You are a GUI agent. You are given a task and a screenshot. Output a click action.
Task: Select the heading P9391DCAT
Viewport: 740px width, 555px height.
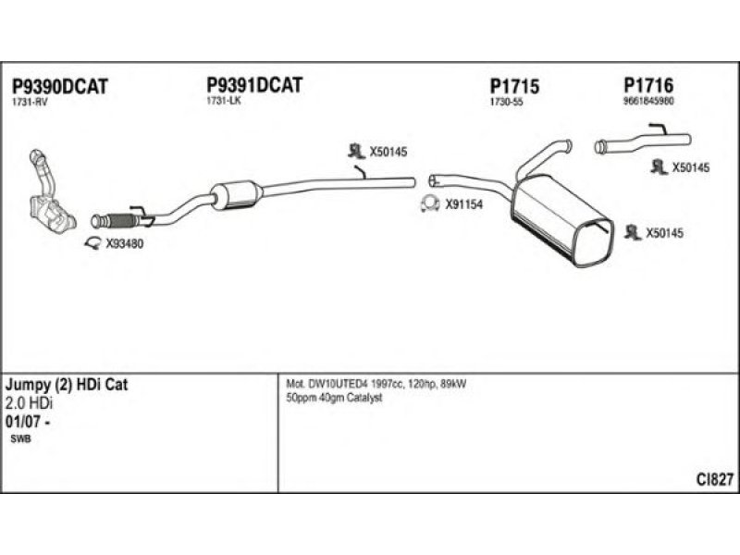coord(254,85)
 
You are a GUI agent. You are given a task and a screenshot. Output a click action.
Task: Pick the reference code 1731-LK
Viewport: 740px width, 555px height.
coord(224,101)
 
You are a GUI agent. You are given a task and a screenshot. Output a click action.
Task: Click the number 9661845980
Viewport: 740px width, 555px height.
coord(648,101)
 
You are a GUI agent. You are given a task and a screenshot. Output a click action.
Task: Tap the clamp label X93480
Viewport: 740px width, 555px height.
coord(125,244)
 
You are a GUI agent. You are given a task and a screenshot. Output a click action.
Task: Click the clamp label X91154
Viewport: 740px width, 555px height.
coord(463,205)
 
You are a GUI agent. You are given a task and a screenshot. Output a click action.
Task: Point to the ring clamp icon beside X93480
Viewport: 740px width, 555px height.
coord(93,244)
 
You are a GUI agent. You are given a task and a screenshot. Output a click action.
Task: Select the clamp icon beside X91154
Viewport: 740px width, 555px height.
coord(429,204)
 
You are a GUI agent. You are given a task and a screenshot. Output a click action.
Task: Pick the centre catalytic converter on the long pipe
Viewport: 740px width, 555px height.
coord(237,194)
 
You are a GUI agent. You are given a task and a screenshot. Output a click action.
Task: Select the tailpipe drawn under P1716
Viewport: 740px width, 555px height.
coord(642,143)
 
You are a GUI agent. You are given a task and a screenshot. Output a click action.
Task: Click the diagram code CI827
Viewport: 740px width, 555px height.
coord(715,479)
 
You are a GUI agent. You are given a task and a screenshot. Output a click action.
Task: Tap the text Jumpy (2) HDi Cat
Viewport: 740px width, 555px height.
coord(67,387)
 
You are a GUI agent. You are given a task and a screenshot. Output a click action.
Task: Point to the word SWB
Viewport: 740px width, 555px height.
coord(20,439)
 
